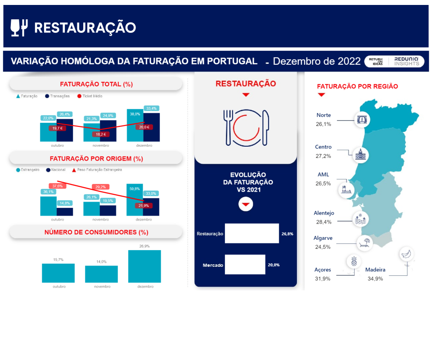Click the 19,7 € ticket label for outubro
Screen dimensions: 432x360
point(58,128)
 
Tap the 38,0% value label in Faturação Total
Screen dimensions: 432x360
point(135,114)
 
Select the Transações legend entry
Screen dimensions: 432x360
point(58,96)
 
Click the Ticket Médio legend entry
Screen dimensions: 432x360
point(90,96)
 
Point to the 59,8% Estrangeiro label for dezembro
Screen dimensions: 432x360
point(135,189)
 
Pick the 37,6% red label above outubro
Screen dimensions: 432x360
point(58,186)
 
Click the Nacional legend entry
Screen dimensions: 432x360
point(56,170)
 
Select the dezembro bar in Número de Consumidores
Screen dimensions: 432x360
point(144,266)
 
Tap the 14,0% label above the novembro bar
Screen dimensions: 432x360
point(101,261)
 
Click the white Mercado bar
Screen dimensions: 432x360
point(245,265)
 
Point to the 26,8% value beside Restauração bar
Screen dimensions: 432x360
point(288,234)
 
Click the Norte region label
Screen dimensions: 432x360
point(324,115)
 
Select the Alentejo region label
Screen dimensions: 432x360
point(324,213)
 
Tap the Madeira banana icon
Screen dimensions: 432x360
point(406,253)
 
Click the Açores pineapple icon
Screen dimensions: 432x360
point(354,261)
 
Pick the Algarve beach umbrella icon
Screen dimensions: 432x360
point(364,243)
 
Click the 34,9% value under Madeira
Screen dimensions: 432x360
point(375,279)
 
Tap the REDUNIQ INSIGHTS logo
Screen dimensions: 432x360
point(407,61)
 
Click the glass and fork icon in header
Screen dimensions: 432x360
point(19,28)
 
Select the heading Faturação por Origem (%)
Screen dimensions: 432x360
point(96,159)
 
